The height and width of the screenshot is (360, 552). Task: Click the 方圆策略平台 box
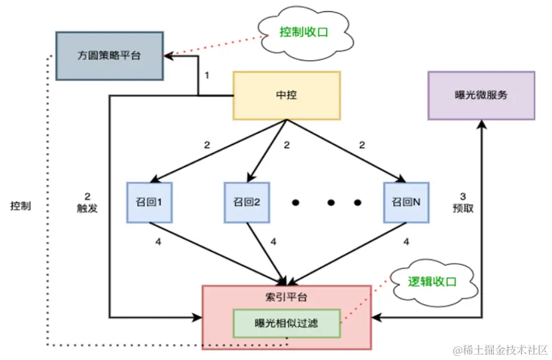pos(109,55)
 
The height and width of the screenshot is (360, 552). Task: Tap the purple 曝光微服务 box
pos(481,96)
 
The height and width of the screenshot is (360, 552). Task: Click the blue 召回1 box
pos(149,202)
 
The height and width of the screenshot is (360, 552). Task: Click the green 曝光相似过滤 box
pos(286,323)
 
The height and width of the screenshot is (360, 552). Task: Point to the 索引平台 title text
pos(286,297)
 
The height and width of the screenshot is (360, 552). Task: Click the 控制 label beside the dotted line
pos(21,206)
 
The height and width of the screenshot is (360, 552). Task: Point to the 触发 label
pos(88,208)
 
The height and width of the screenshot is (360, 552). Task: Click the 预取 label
pos(463,208)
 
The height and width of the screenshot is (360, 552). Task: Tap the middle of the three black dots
pos(329,202)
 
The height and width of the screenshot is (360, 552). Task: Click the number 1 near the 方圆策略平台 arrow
pos(207,76)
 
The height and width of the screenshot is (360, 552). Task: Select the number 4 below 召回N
pos(407,242)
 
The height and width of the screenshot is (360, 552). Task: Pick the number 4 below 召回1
pos(158,242)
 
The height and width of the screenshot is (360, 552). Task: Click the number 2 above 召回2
pos(286,145)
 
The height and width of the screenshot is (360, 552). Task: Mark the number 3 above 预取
pos(463,196)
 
